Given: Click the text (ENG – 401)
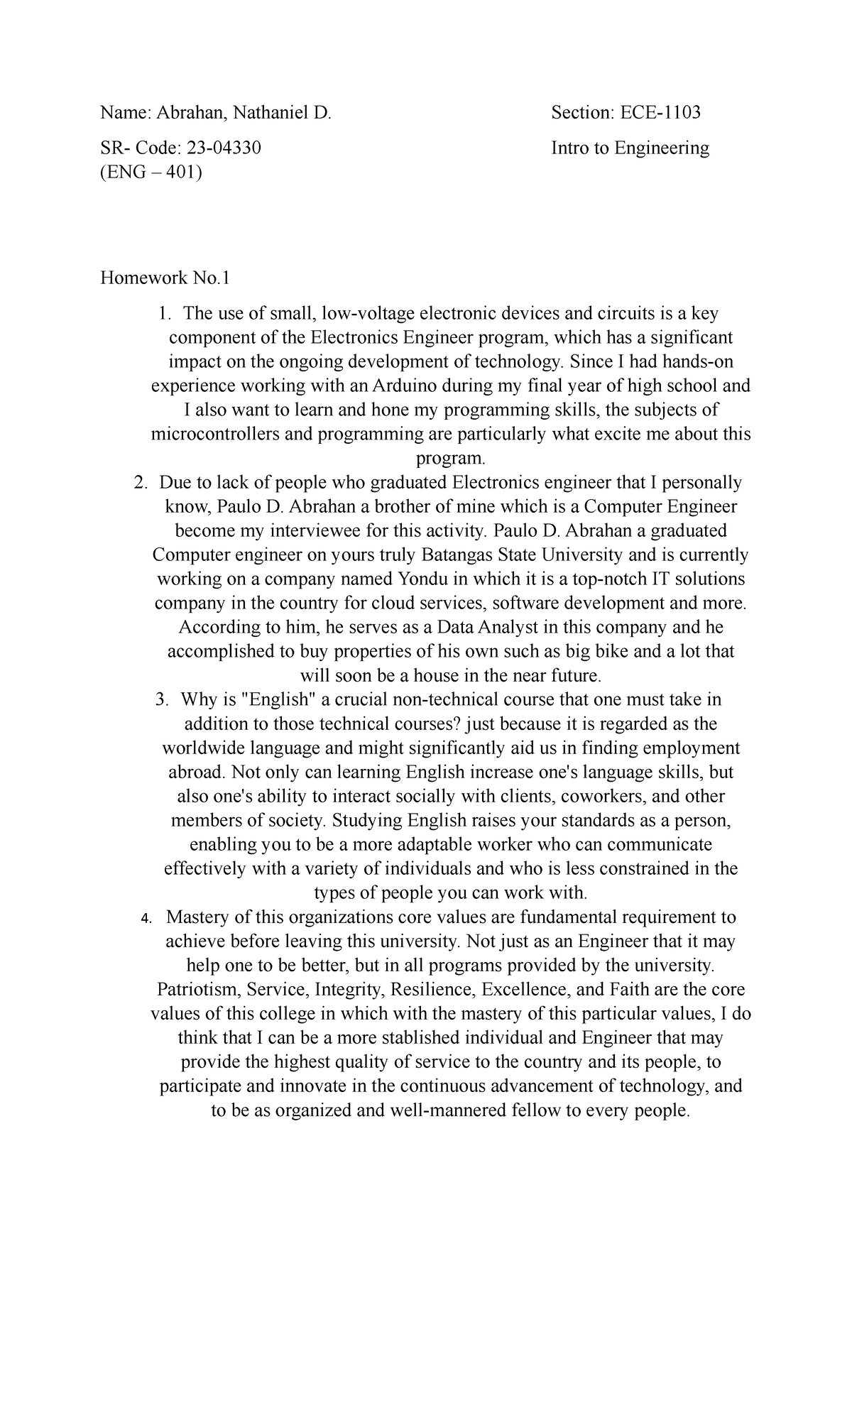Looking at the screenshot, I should pos(151,172).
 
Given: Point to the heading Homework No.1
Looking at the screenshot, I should pos(165,278).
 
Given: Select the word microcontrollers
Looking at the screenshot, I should pos(216,435).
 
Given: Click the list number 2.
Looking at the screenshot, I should pos(140,484).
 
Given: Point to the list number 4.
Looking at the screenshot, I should pos(146,919).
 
